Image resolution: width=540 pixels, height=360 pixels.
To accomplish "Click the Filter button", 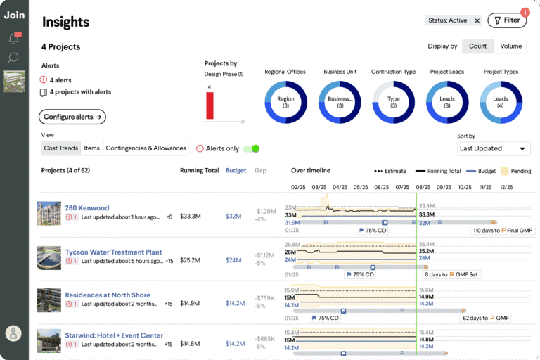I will (x=506, y=20).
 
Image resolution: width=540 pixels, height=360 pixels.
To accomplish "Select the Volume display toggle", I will (x=510, y=46).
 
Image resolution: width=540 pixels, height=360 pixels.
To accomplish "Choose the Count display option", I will (x=477, y=46).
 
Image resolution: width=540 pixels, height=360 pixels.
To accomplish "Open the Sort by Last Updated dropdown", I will (x=494, y=148).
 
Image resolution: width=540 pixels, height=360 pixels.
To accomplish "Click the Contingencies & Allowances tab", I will (x=146, y=148).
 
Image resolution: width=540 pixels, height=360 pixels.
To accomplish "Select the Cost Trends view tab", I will (x=60, y=148).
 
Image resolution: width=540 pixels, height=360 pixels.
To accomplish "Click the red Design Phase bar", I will (x=210, y=105).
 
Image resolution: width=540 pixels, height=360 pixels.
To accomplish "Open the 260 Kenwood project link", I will (x=87, y=208).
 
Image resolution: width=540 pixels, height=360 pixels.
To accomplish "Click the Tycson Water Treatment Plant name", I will (x=113, y=252).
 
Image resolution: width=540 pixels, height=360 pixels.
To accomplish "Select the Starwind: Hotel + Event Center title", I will (x=114, y=335).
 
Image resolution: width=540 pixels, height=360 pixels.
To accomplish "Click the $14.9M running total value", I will (x=190, y=304).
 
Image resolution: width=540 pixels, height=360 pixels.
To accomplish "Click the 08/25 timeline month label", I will (x=423, y=188).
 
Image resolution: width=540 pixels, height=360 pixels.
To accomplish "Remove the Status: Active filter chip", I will (x=477, y=21).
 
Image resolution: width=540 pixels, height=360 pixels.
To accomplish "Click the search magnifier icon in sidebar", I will (x=13, y=58).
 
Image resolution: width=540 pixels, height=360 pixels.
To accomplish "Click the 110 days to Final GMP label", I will (x=503, y=230).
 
